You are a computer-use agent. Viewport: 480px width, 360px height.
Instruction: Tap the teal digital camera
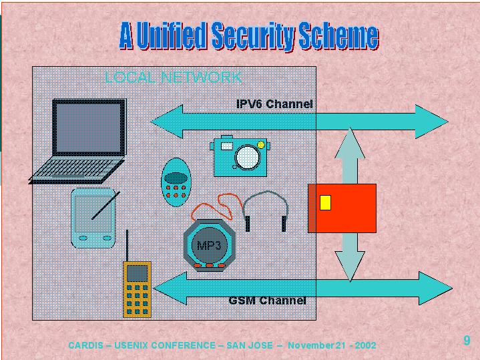240,156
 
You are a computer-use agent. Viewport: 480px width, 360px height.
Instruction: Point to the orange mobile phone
137,288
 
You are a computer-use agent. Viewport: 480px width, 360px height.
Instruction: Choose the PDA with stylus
93,217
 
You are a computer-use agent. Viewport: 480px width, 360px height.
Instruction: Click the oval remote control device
175,179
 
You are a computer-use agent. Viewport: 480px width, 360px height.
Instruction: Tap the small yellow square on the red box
325,202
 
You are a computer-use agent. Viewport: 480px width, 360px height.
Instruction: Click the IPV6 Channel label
274,104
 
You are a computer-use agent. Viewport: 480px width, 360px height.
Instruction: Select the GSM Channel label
267,301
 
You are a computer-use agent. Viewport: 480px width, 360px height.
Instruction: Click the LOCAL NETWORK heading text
173,77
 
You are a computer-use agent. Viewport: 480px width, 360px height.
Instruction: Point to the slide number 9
467,341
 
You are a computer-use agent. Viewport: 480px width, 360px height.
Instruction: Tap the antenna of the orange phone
126,246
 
